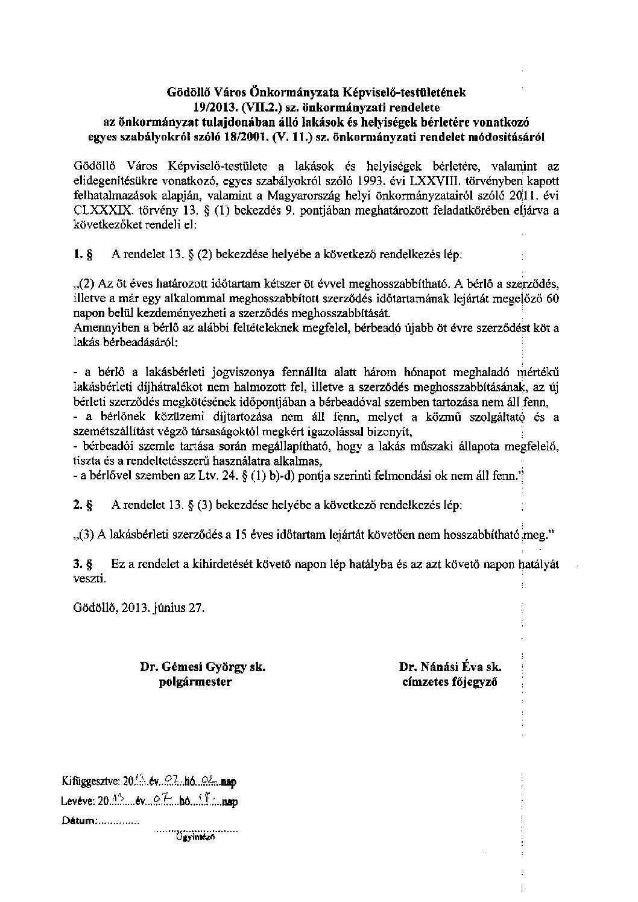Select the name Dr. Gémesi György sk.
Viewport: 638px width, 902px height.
[203, 667]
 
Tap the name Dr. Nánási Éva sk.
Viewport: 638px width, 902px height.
[450, 667]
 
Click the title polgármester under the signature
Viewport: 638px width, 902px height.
[195, 682]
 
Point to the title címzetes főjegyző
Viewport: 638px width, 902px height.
[450, 682]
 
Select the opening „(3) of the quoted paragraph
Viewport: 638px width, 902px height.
[83, 534]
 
